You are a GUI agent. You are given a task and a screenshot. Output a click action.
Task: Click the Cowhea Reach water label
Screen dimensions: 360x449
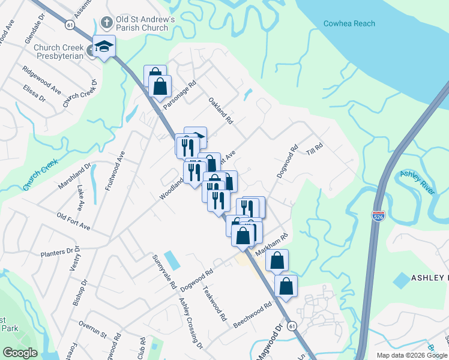pos(349,23)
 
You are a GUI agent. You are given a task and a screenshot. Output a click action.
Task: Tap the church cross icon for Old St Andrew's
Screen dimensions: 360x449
pos(107,23)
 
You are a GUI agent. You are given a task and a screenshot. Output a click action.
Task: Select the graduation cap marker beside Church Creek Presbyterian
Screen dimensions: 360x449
pos(104,47)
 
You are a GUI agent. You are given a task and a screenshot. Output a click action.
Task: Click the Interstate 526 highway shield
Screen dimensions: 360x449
pos(378,215)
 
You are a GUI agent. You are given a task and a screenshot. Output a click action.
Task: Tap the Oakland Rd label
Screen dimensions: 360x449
pos(220,110)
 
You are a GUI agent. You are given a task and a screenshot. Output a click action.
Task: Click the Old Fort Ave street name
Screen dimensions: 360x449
pos(73,221)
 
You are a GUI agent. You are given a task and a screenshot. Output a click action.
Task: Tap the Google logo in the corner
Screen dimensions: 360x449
pos(19,353)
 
